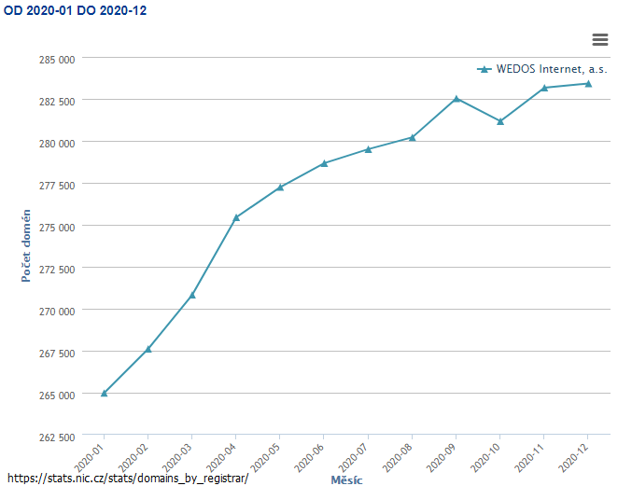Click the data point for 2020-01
point(104,394)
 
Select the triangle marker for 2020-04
point(236,217)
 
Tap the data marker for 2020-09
point(456,99)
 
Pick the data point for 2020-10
point(500,121)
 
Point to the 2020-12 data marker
point(588,84)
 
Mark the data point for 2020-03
point(192,295)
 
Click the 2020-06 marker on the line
point(324,163)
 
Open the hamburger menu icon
point(600,38)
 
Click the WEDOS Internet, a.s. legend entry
point(541,69)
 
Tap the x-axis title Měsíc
point(346,479)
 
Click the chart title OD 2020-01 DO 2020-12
point(75,10)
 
